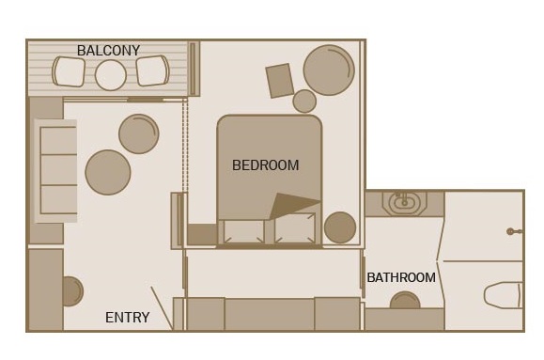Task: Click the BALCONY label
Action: [109, 51]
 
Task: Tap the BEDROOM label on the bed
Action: [265, 165]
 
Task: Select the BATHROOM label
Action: [401, 277]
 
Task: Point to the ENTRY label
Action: [128, 318]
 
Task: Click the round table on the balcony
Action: [111, 75]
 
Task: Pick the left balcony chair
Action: [69, 71]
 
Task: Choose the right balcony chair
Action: [152, 70]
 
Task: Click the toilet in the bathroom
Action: [503, 295]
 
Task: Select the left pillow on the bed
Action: [243, 231]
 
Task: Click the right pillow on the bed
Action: [295, 228]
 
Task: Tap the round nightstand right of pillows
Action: [340, 227]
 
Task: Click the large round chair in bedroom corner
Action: [329, 70]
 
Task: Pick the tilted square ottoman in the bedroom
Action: [280, 81]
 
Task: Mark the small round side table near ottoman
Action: [304, 101]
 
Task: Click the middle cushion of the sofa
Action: [58, 170]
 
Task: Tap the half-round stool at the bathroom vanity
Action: [405, 300]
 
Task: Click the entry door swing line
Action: [162, 308]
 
